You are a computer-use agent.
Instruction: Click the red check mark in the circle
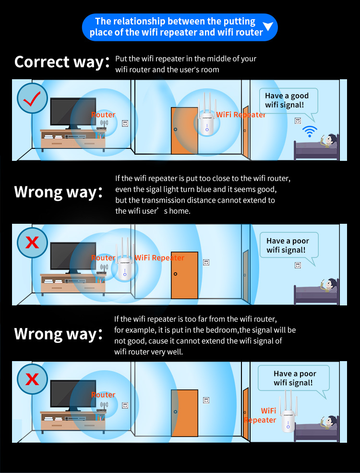click(x=32, y=98)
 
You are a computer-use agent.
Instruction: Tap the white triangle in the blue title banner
click(x=268, y=26)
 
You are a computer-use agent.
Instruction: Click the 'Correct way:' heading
click(x=62, y=62)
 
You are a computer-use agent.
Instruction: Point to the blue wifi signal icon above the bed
click(x=310, y=131)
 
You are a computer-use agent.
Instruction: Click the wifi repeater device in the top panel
click(x=207, y=115)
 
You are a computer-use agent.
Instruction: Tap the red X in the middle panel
click(x=32, y=242)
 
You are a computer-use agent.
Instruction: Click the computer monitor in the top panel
click(x=73, y=113)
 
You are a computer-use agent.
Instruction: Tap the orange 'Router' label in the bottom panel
click(x=103, y=395)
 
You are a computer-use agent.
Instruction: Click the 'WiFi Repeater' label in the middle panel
click(x=159, y=257)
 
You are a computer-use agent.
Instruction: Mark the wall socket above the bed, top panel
click(x=298, y=121)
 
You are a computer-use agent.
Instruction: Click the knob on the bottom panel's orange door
click(x=176, y=412)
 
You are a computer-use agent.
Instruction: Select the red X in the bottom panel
click(x=32, y=379)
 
